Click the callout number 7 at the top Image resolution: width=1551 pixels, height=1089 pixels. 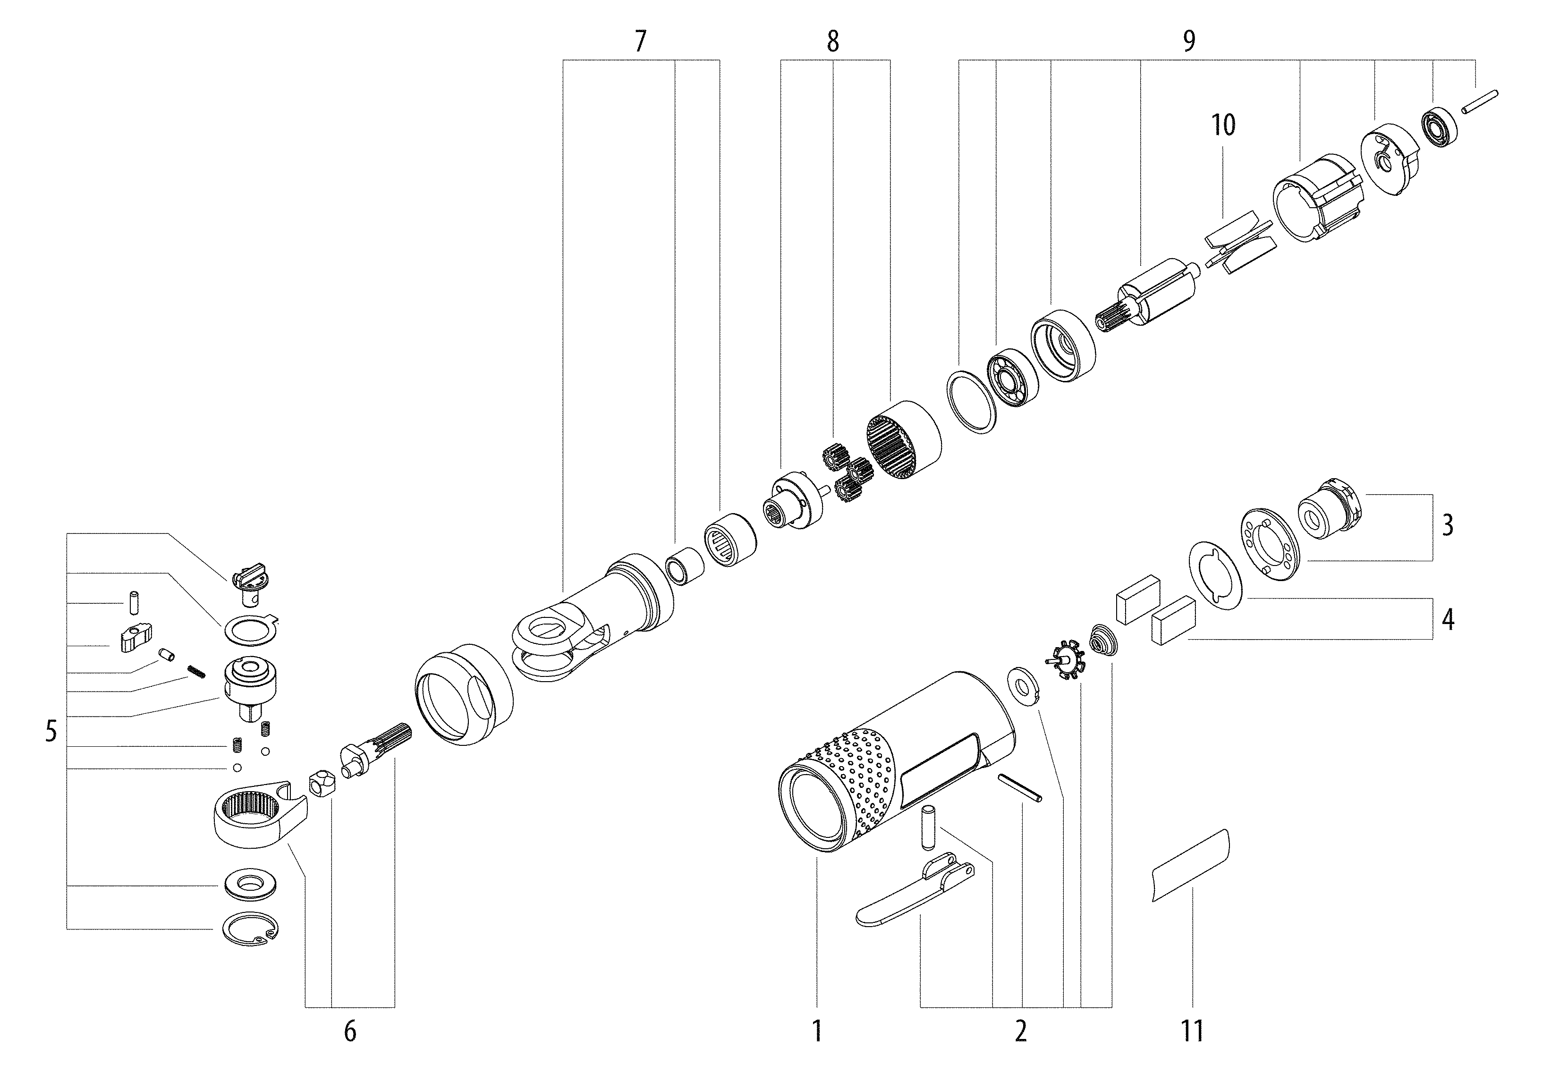point(640,42)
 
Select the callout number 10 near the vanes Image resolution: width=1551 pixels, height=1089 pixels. point(1223,126)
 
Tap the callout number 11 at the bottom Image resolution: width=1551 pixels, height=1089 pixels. point(1192,1031)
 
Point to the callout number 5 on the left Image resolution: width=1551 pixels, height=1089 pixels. point(51,732)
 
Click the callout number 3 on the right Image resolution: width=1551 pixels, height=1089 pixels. point(1448,525)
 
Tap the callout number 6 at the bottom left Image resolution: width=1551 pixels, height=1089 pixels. point(349,1031)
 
